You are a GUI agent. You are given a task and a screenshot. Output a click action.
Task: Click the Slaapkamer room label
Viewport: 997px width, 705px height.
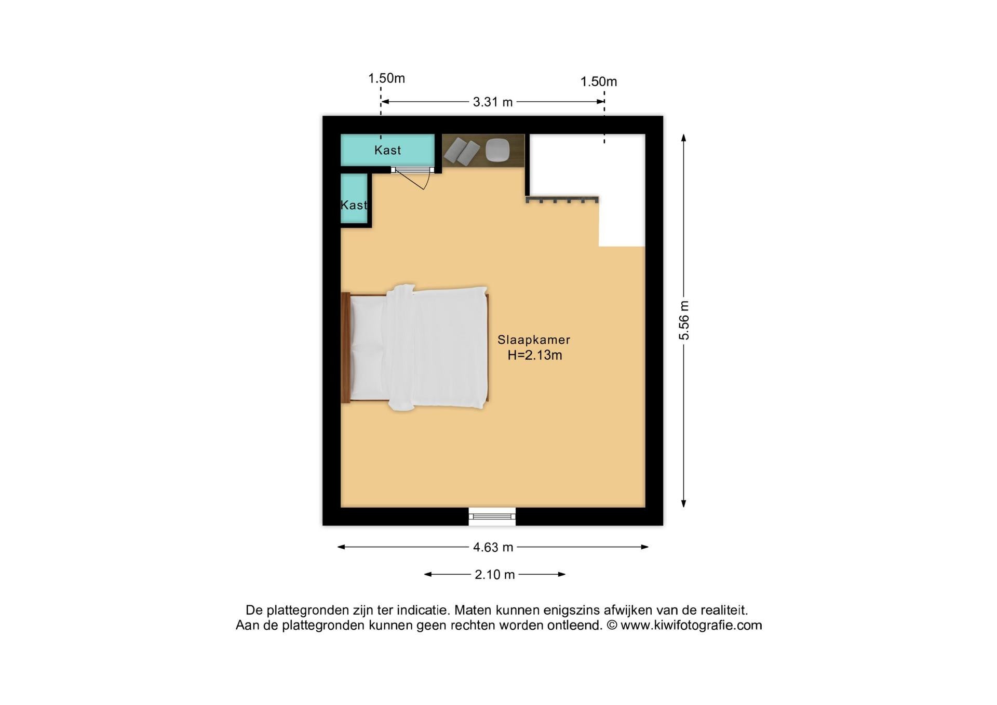pos(534,340)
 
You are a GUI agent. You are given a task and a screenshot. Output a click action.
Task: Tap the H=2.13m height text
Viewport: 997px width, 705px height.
pos(535,355)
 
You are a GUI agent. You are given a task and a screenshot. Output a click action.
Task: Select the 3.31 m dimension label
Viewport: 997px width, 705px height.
pos(493,102)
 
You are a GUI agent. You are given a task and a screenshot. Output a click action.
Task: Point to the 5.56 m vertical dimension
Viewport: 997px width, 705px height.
pos(684,320)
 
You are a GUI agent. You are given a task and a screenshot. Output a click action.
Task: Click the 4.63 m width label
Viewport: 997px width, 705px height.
pos(493,547)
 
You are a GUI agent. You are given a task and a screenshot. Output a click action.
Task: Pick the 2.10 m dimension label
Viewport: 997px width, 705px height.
pos(495,575)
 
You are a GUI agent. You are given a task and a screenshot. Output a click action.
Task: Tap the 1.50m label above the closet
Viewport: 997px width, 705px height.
pos(386,78)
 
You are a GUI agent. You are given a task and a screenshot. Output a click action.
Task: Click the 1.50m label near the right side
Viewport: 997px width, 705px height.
pos(599,82)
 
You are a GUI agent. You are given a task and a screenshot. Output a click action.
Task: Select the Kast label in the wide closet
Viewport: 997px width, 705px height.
pos(387,150)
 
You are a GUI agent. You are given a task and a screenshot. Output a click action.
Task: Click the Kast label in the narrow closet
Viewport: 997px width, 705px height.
pos(354,205)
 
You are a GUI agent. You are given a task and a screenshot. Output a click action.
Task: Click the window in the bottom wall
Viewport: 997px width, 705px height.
pos(492,516)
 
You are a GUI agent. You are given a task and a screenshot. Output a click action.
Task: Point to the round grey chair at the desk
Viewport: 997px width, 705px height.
pos(497,151)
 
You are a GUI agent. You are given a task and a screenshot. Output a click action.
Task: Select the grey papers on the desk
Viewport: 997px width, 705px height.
pos(462,151)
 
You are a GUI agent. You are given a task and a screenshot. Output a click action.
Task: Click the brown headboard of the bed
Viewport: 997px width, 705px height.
pos(345,348)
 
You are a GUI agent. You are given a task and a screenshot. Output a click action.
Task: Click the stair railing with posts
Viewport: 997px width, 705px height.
pos(562,199)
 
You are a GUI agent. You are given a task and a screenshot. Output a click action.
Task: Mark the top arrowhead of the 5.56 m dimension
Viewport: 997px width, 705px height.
pos(684,138)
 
